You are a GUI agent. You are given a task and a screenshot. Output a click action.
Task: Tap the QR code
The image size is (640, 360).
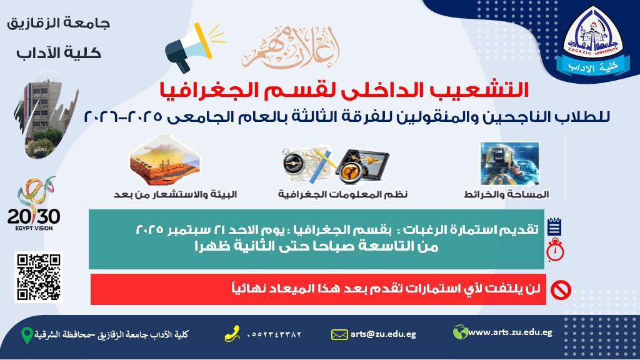[38, 277]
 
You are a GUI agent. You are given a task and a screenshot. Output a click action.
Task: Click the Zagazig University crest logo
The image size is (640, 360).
[592, 41]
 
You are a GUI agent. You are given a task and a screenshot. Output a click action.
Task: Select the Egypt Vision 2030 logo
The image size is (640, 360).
[34, 204]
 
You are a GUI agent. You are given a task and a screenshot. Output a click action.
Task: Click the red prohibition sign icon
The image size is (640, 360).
[561, 290]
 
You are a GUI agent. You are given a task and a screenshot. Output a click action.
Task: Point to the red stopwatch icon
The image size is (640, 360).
[555, 250]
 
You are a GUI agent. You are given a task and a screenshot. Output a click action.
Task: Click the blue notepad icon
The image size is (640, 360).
[554, 226]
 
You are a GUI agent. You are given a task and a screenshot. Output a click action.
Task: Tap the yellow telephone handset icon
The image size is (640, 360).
[232, 334]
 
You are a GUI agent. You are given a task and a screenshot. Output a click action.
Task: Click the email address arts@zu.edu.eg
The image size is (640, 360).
[383, 334]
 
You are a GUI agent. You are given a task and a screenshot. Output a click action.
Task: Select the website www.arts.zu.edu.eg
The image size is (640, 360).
[510, 332]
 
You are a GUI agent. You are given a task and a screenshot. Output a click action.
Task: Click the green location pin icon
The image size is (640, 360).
[27, 335]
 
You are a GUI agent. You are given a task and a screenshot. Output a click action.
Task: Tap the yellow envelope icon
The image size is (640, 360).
[339, 335]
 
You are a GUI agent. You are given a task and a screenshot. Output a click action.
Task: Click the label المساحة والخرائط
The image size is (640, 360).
[506, 194]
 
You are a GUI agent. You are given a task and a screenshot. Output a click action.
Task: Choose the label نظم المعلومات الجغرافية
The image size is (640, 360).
[343, 194]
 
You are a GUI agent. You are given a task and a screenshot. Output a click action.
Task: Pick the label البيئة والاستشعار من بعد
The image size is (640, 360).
[176, 194]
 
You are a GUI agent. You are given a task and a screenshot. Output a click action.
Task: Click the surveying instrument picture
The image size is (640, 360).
[510, 163]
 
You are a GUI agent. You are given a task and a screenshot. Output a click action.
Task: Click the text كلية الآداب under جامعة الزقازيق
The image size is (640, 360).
[58, 53]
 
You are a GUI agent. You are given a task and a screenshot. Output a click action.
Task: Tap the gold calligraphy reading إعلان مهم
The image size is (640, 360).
[290, 47]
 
